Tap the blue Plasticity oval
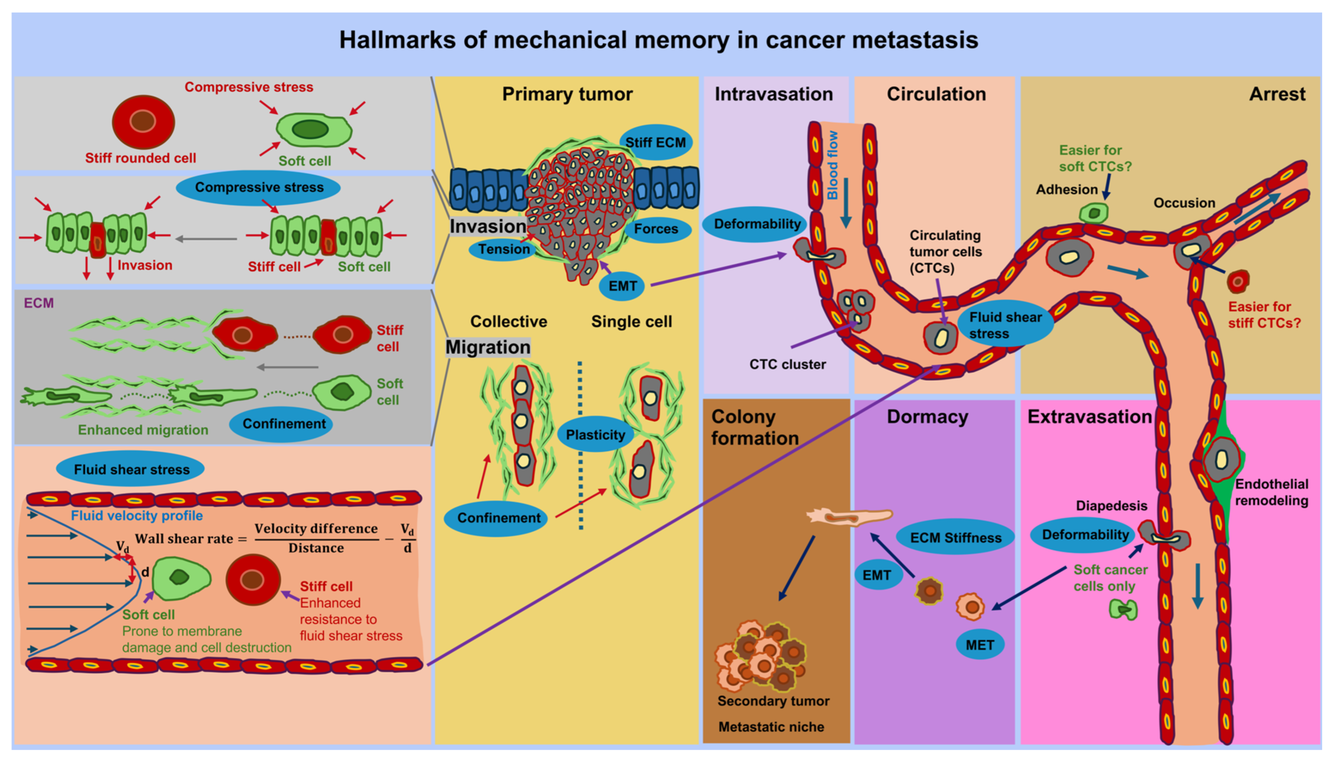point(595,434)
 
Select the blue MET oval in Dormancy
point(980,645)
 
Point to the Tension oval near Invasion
point(504,249)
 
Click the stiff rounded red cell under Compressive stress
point(143,122)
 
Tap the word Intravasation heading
point(774,94)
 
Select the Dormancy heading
point(927,417)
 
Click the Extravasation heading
point(1089,417)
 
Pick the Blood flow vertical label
point(833,165)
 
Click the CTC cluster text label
point(787,364)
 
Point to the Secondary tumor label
point(773,701)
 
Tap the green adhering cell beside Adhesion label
point(1094,212)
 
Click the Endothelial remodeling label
point(1271,492)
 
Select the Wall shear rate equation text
point(275,539)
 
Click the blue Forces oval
point(656,229)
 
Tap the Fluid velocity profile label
point(137,516)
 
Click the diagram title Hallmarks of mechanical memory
point(659,40)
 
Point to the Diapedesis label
point(1111,505)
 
